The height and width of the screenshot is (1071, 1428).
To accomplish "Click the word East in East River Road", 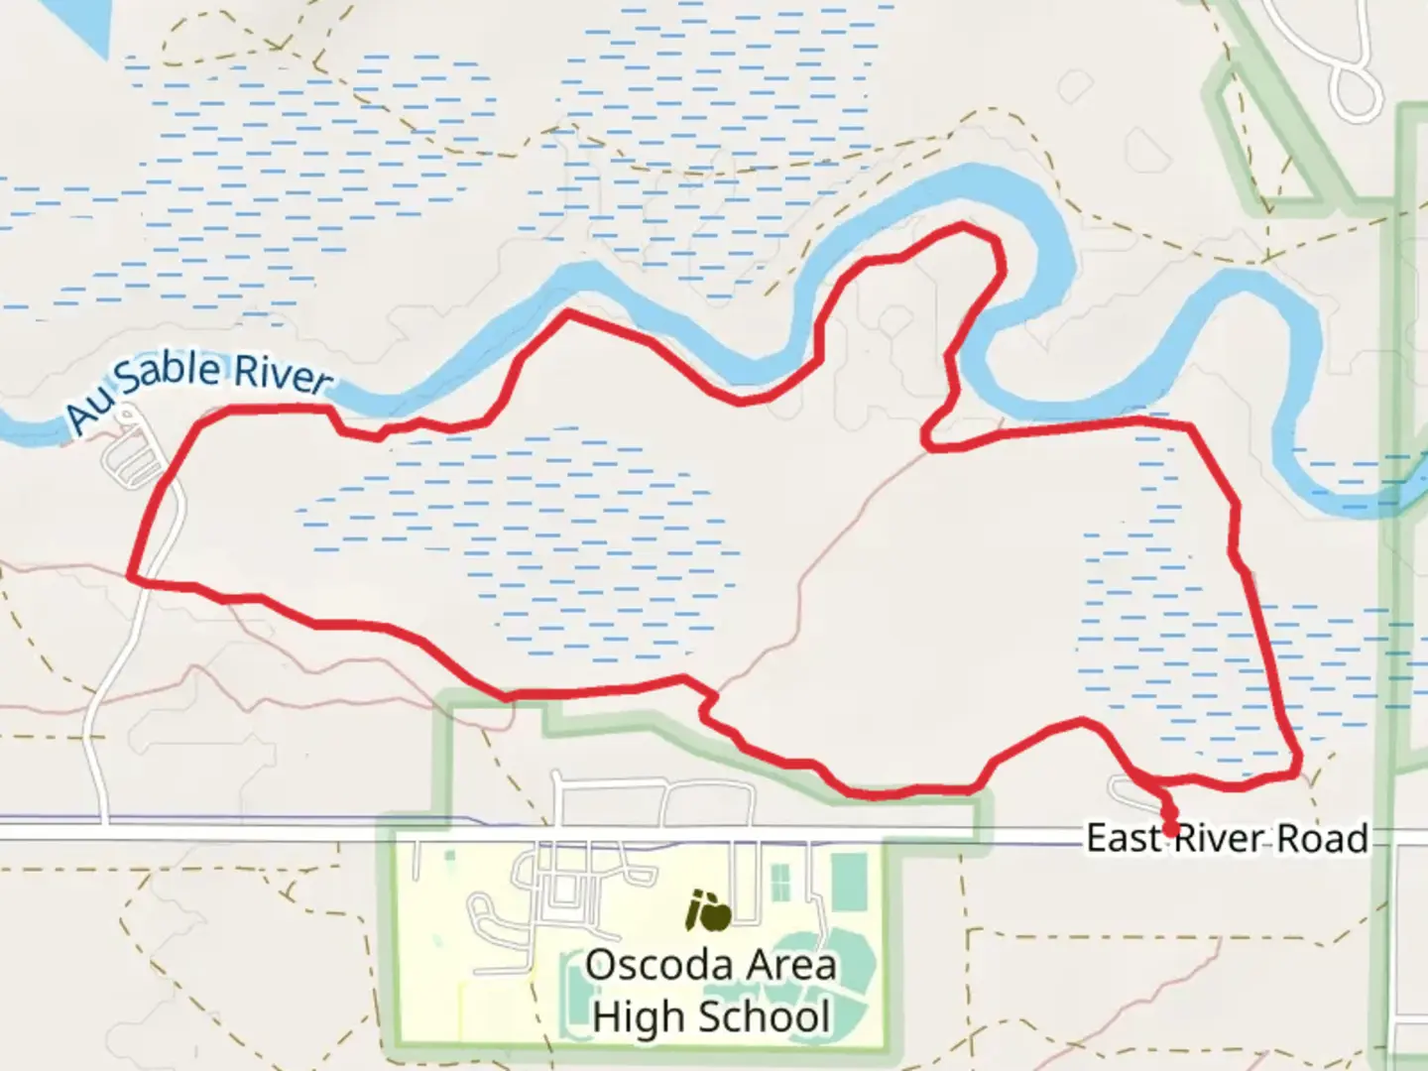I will [1125, 839].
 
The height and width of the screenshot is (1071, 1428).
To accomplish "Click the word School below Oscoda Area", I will [765, 1017].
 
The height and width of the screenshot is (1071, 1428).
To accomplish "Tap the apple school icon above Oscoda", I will [710, 912].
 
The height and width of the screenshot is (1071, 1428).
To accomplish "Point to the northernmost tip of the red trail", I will [963, 228].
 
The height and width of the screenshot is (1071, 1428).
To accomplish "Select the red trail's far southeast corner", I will [1297, 770].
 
